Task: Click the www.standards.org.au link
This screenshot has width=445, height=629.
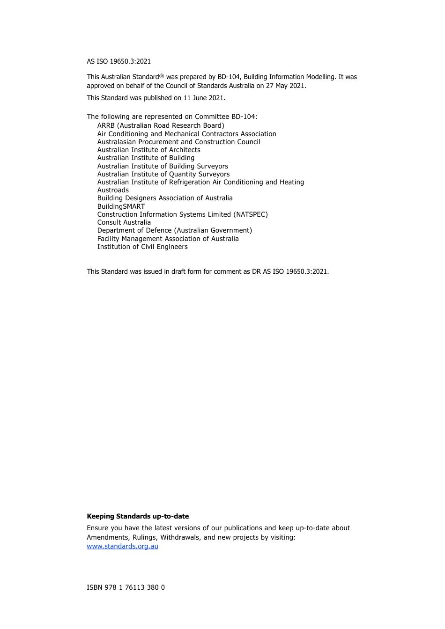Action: pos(122,546)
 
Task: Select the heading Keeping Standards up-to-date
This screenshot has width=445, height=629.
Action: pos(138,516)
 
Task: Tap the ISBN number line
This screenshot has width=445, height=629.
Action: pos(126,587)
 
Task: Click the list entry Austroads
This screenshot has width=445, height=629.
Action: pos(113,190)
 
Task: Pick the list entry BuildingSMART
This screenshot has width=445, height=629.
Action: pos(121,206)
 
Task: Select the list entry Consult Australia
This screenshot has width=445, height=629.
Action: pos(124,222)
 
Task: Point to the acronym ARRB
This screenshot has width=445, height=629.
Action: pos(106,125)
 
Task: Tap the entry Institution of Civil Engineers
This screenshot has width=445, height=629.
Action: pos(142,247)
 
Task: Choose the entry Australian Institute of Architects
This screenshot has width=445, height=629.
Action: pos(148,150)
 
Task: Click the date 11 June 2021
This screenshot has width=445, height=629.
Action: pos(204,98)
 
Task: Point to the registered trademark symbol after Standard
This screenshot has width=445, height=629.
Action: pos(162,75)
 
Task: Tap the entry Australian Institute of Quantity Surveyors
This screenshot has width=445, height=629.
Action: pos(163,174)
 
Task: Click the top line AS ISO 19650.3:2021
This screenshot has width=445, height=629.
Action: pos(119,61)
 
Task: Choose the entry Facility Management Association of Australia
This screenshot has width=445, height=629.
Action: pos(168,239)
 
